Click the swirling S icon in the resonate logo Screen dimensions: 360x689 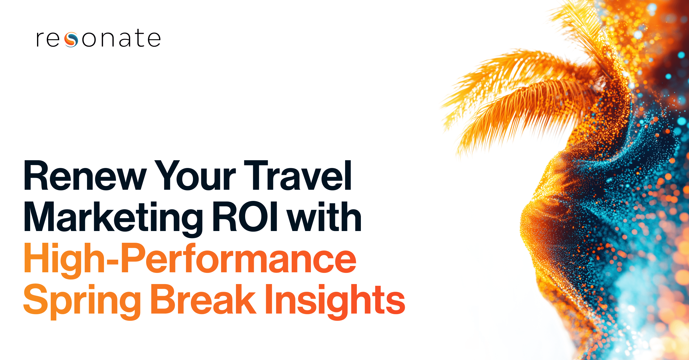tap(71, 40)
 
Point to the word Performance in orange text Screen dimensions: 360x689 tap(238, 259)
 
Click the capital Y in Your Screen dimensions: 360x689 tap(169, 176)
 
